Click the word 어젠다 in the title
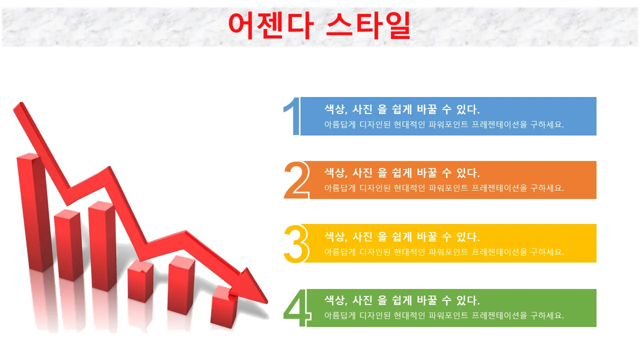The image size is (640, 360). (271, 25)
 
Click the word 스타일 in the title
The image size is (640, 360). (368, 25)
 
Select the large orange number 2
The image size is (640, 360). (296, 180)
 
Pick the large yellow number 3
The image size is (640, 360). (296, 243)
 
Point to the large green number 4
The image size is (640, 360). (297, 307)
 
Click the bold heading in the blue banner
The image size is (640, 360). (402, 109)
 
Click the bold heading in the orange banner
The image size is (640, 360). (402, 173)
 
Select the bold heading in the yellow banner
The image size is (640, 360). (402, 237)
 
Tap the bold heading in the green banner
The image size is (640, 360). (402, 300)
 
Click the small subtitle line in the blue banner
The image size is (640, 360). (444, 124)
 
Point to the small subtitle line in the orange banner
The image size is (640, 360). (444, 188)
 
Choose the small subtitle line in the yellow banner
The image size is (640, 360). (444, 252)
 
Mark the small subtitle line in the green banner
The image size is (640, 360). (444, 315)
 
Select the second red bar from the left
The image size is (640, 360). (68, 245)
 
